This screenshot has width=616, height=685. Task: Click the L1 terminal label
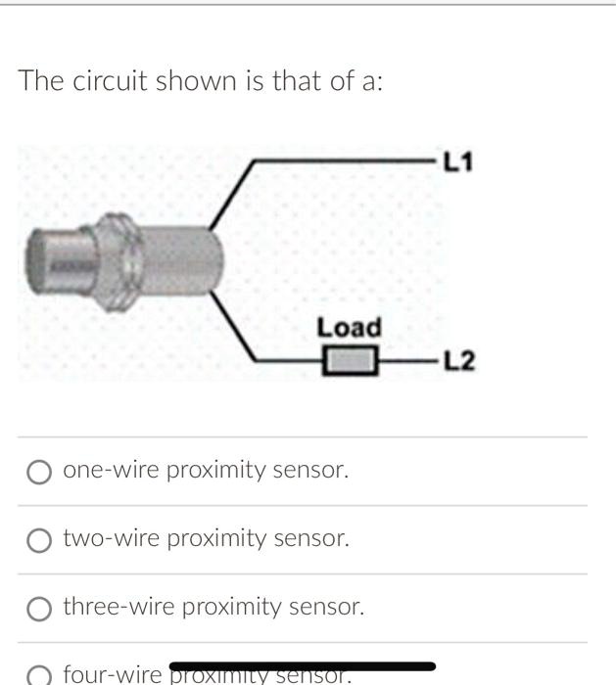point(457,160)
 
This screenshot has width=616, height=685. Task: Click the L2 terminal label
point(459,362)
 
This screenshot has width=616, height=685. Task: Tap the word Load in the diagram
point(349,327)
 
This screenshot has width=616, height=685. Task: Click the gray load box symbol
point(351,362)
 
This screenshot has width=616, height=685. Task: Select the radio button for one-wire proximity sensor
point(39,473)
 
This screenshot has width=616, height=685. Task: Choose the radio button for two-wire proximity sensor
point(39,540)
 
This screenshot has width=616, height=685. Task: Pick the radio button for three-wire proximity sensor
point(39,609)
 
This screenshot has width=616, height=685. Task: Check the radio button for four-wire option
point(39,675)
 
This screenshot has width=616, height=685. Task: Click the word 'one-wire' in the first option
point(111,471)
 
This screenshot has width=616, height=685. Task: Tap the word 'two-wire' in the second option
point(112,538)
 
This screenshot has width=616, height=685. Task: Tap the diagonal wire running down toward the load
point(235,328)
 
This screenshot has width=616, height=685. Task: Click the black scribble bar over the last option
point(304,667)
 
